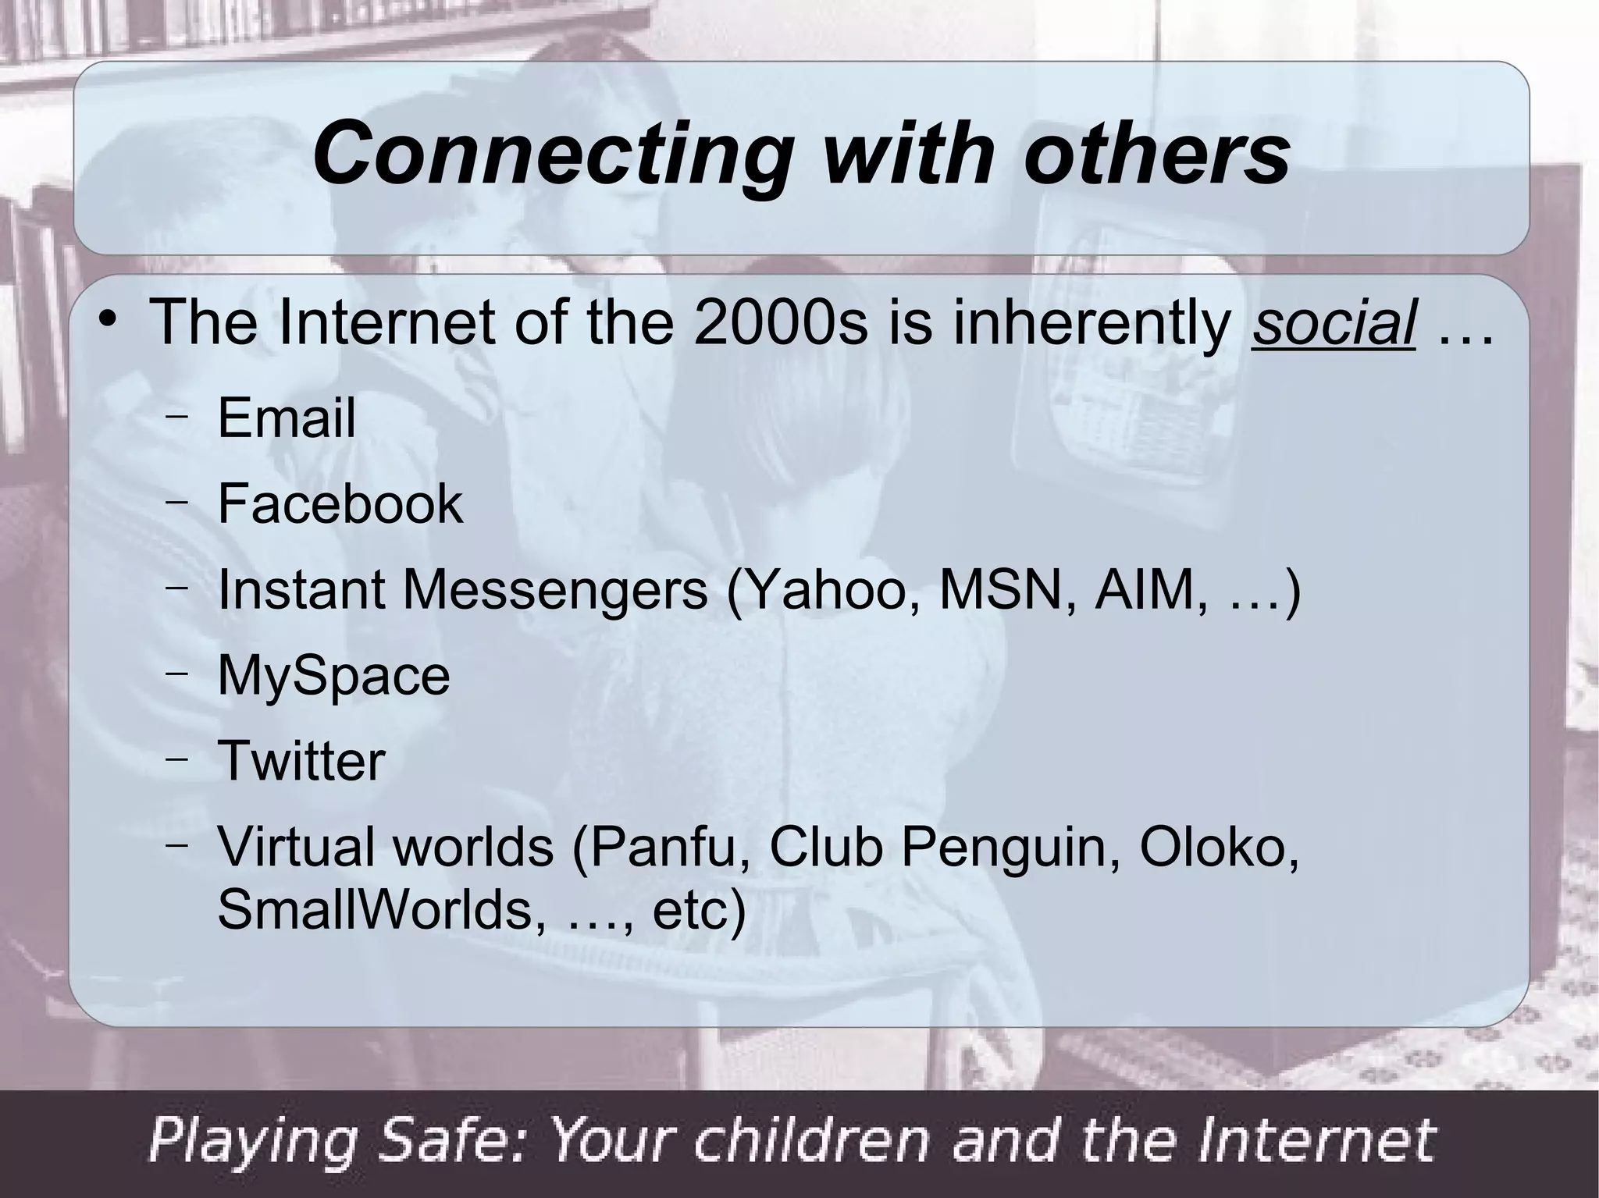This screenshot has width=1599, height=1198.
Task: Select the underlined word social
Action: tap(1334, 323)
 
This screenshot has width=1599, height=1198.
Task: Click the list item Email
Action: tap(287, 418)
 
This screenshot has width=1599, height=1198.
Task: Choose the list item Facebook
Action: tap(340, 503)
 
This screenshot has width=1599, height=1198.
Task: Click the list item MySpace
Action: tap(333, 675)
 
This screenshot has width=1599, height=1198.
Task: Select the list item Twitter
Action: tap(301, 761)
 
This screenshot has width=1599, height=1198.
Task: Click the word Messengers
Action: tap(555, 591)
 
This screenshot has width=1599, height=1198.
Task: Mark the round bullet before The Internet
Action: tap(109, 321)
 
